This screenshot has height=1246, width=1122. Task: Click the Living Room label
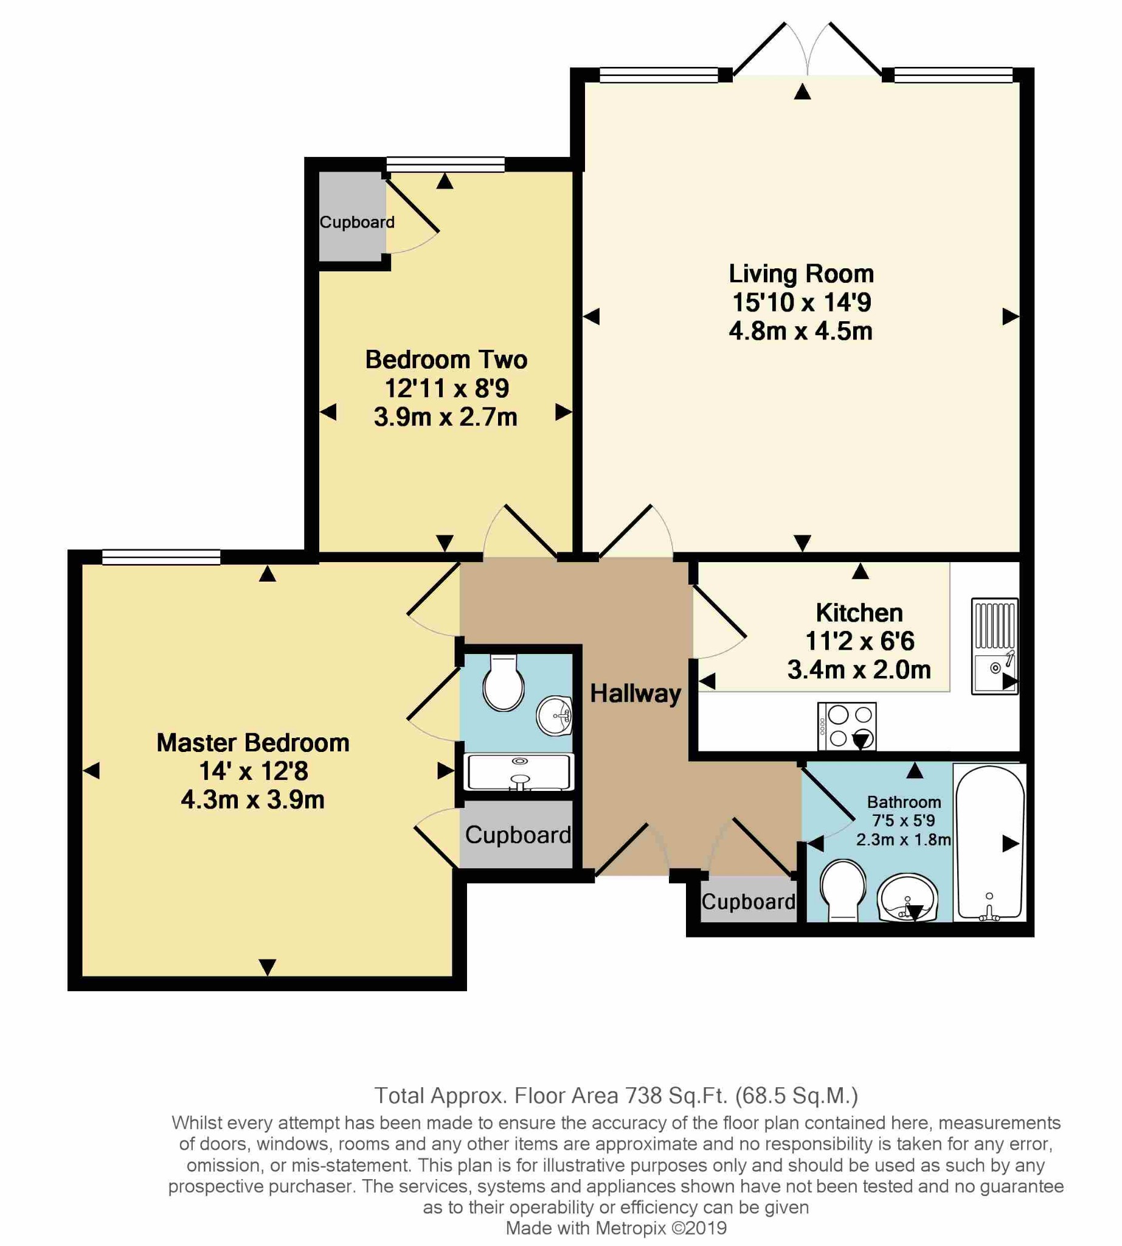[x=801, y=274]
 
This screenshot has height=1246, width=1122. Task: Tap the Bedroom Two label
[x=446, y=360]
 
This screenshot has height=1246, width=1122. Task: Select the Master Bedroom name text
[x=253, y=743]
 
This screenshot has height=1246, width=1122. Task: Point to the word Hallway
[x=635, y=694]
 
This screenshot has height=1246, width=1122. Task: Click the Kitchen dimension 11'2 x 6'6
[x=859, y=641]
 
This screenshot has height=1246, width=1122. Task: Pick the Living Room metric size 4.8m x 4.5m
[x=800, y=331]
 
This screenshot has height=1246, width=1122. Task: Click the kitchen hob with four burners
[x=847, y=726]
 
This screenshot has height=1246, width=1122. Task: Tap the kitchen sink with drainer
[x=994, y=646]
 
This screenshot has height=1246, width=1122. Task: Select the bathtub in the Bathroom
[x=989, y=843]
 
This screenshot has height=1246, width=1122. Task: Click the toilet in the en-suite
[x=503, y=683]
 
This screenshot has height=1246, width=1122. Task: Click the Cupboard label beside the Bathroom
[x=749, y=902]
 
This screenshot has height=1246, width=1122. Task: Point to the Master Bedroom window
[x=161, y=557]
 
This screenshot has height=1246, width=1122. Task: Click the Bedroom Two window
[x=446, y=164]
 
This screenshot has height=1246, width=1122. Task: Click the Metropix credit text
[x=616, y=1228]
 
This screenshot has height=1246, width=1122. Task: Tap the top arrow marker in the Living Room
[x=802, y=92]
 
